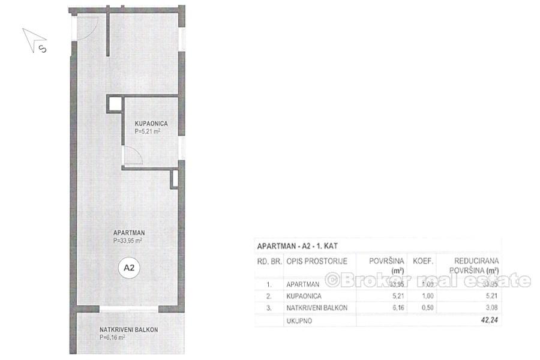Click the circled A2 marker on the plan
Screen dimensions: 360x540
pos(128,268)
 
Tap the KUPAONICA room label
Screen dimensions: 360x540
pos(150,123)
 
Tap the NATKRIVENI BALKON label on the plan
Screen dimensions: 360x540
pos(128,330)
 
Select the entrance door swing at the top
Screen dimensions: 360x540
pos(87,27)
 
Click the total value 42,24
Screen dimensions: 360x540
pos(488,320)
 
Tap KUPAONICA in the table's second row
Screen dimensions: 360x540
pos(305,296)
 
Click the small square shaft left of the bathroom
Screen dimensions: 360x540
pos(114,104)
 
